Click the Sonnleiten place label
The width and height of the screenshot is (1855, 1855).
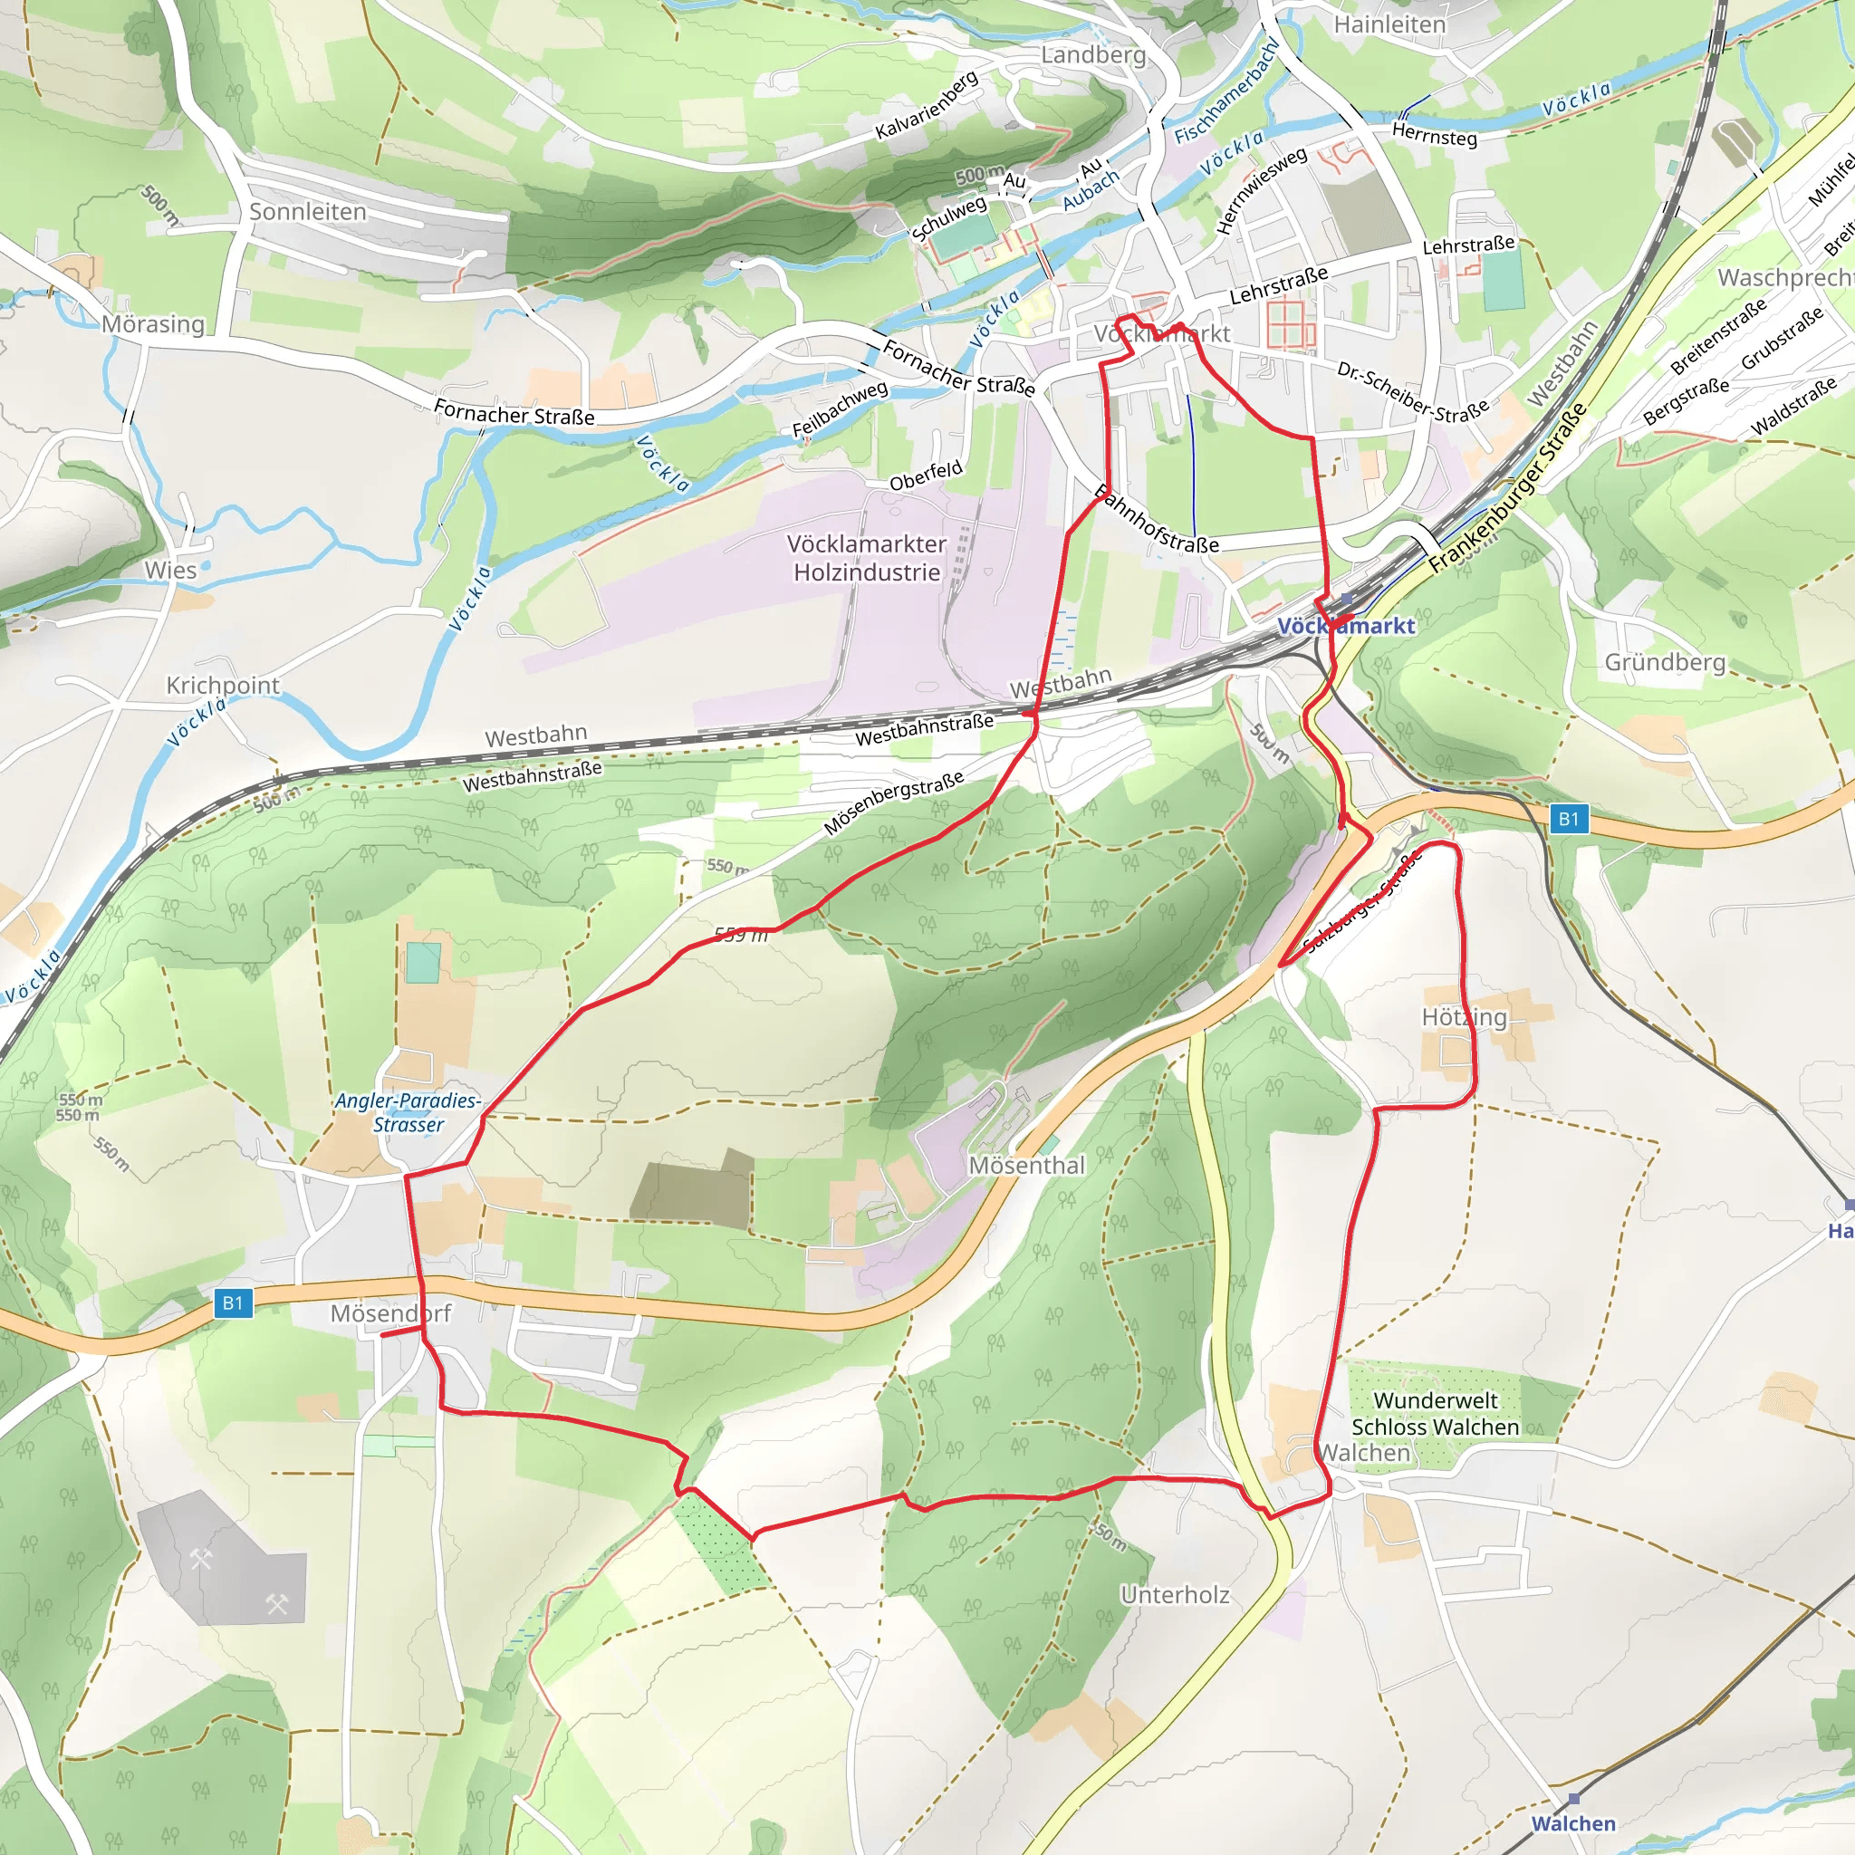(307, 211)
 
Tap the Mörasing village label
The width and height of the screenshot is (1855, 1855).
(154, 323)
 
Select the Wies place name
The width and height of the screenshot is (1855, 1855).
(170, 570)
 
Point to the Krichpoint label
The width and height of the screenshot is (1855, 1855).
(223, 685)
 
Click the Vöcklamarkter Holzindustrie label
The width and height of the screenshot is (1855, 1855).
(866, 558)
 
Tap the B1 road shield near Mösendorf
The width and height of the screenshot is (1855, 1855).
(233, 1302)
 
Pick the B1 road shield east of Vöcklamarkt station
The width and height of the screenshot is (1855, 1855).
(1568, 819)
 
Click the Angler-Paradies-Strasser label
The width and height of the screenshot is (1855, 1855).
(408, 1113)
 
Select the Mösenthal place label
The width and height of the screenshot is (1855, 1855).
(1026, 1166)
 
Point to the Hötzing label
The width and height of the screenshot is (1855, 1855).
(1464, 1017)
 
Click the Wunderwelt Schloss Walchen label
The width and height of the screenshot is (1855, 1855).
(1435, 1413)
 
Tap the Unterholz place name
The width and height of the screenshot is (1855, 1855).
(1174, 1595)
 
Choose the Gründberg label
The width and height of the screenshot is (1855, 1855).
(1665, 662)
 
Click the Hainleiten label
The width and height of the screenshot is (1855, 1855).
(1389, 24)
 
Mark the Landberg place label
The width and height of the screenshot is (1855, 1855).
(1093, 54)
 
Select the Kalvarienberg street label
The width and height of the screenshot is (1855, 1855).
(927, 105)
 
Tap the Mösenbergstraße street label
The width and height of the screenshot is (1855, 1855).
(893, 803)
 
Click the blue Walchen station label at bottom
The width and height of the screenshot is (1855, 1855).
(1572, 1823)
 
